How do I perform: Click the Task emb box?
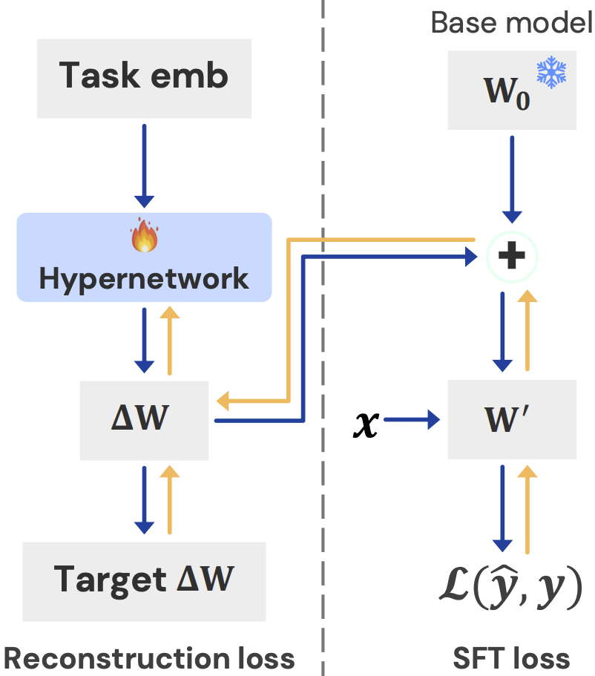(x=144, y=76)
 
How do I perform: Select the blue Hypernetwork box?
(x=144, y=257)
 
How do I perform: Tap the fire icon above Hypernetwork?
(x=145, y=237)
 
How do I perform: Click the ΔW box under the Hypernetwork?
(x=144, y=419)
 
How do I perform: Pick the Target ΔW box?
(x=144, y=580)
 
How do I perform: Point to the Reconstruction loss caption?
(x=149, y=658)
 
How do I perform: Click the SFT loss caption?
(x=512, y=658)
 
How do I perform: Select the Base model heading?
(x=512, y=23)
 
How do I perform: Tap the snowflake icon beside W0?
(x=551, y=72)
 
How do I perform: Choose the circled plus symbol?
(x=512, y=257)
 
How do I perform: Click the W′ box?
(x=512, y=419)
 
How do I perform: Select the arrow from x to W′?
(x=412, y=421)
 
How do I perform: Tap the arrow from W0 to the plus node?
(x=512, y=182)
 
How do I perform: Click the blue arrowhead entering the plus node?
(x=469, y=257)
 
